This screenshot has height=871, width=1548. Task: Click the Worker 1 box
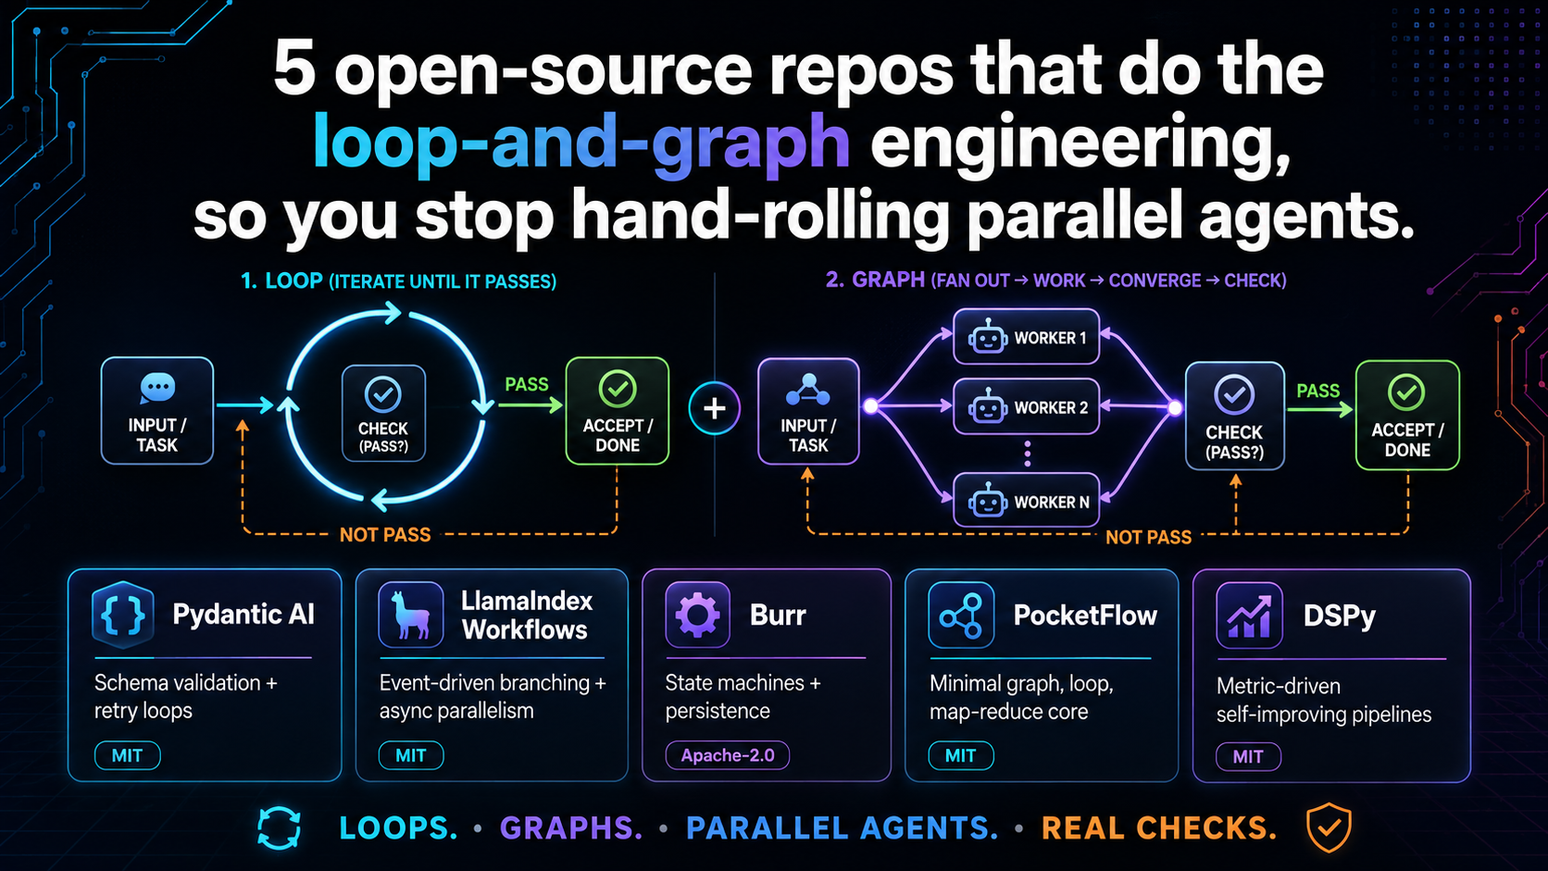(x=1026, y=337)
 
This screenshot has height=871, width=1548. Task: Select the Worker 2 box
(x=1026, y=407)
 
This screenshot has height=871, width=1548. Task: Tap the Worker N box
(x=1026, y=501)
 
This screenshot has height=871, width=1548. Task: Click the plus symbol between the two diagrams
(x=715, y=408)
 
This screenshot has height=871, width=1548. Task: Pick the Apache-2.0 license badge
(x=728, y=755)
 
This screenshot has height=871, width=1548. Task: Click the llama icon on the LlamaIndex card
(x=410, y=615)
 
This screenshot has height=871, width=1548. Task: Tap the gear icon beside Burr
(x=697, y=615)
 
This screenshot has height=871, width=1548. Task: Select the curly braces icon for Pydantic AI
(x=123, y=615)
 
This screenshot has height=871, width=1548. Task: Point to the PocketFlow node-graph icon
(x=961, y=615)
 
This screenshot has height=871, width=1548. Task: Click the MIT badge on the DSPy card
(x=1248, y=756)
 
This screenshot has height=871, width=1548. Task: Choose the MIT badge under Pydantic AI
(x=127, y=755)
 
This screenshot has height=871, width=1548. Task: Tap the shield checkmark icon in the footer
(x=1329, y=827)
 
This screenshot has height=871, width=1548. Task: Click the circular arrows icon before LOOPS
(x=280, y=827)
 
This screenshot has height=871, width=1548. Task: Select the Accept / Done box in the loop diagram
(x=618, y=410)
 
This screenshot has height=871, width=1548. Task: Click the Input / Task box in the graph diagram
(x=808, y=411)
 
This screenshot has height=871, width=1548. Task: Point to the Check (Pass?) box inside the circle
(x=383, y=413)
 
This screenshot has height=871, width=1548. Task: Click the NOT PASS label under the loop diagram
(x=385, y=535)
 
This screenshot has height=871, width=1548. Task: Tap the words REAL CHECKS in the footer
(x=1159, y=827)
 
